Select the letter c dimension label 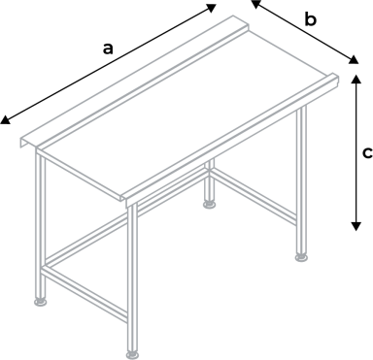coord(366,152)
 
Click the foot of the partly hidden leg coord(209,204)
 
